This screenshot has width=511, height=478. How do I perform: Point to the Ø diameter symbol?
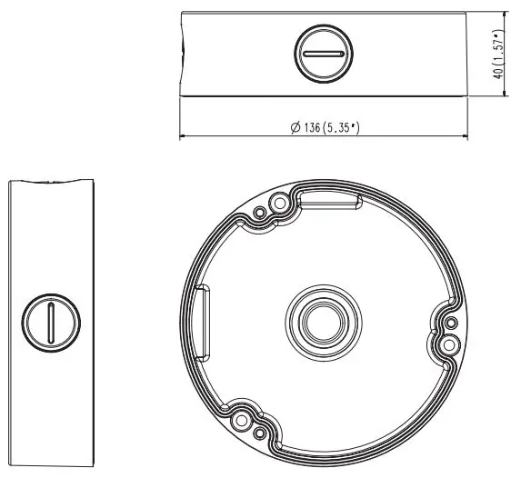point(296,128)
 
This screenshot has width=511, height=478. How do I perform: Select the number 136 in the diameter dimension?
point(315,128)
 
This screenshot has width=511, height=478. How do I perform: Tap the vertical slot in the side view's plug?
point(52,323)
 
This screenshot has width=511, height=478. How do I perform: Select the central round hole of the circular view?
point(321,319)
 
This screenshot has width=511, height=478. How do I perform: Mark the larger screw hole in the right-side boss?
point(447,344)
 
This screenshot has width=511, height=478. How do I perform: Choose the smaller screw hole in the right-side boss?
point(446,323)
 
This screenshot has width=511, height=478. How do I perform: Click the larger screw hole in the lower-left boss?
point(242,421)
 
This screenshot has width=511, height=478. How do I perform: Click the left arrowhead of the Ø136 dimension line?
point(185,137)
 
